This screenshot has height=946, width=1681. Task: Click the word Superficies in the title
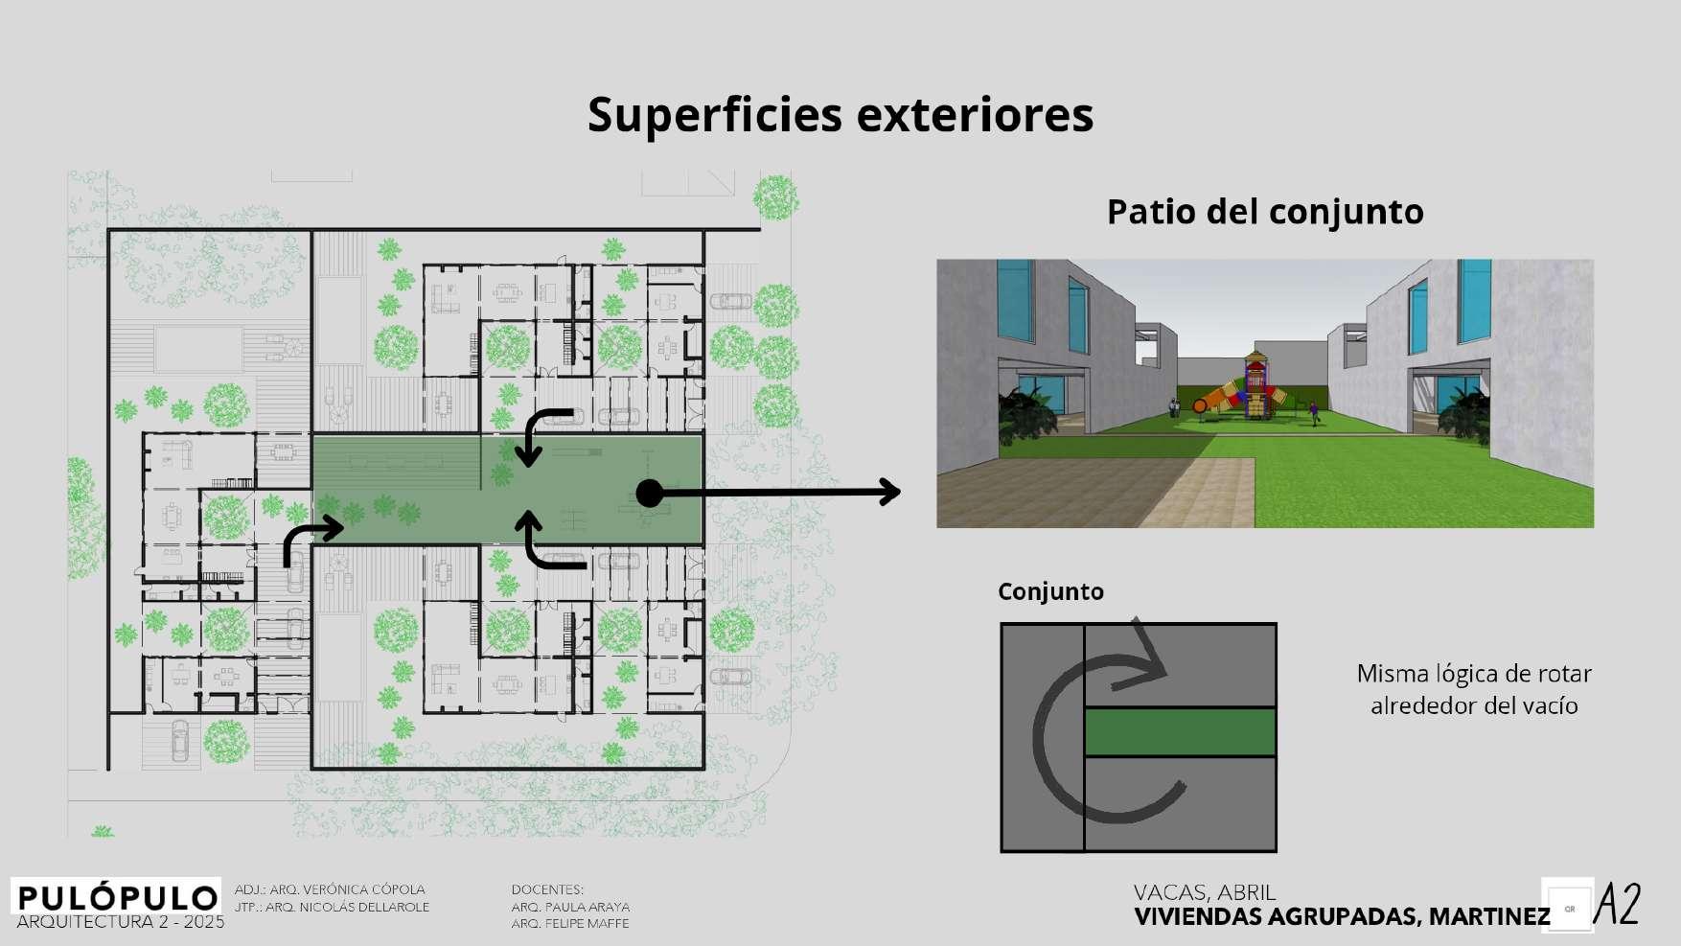pos(713,115)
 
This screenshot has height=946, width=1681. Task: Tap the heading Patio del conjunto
pos(1264,212)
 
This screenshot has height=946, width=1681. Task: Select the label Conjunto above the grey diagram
pos(1050,591)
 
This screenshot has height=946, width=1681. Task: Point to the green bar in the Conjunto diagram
pos(1180,731)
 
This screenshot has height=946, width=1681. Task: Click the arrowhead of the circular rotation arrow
pos(1150,661)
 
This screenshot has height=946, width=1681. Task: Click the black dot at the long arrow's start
pos(650,494)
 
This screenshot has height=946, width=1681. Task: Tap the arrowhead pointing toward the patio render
pos(890,492)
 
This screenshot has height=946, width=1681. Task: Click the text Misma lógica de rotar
pos(1473,674)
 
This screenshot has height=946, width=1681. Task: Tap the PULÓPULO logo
pos(117,898)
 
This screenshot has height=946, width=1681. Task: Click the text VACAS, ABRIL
pos(1205,893)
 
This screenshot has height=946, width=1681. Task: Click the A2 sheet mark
pos(1617,905)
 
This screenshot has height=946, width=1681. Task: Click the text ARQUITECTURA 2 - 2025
pos(121,922)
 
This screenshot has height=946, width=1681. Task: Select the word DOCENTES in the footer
pos(547,889)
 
